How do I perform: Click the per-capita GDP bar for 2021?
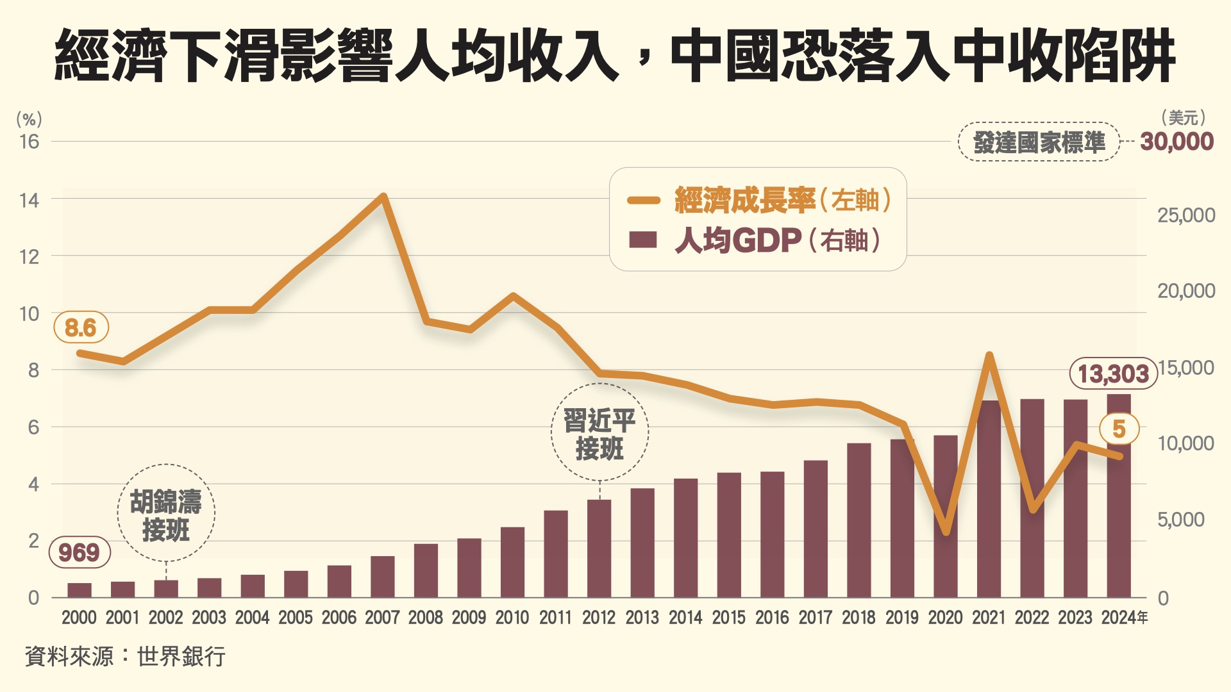pyautogui.click(x=989, y=500)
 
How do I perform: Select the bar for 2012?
pyautogui.click(x=599, y=549)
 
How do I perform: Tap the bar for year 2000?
pyautogui.click(x=80, y=590)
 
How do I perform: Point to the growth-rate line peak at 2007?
pyautogui.click(x=383, y=196)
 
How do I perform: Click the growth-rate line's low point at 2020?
pyautogui.click(x=946, y=531)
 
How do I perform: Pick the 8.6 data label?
pyautogui.click(x=81, y=328)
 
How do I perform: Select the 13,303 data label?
pyautogui.click(x=1113, y=374)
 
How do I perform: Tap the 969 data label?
pyautogui.click(x=80, y=552)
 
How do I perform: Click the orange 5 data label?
pyautogui.click(x=1119, y=429)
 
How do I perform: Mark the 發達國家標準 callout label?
pyautogui.click(x=1039, y=142)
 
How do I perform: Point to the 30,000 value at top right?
pyautogui.click(x=1177, y=142)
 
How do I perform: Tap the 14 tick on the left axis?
pyautogui.click(x=29, y=201)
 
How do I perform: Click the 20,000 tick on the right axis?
pyautogui.click(x=1185, y=291)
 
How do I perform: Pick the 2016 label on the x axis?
pyautogui.click(x=772, y=618)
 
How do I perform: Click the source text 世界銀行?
pyautogui.click(x=181, y=657)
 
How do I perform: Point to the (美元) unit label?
pyautogui.click(x=1183, y=118)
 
